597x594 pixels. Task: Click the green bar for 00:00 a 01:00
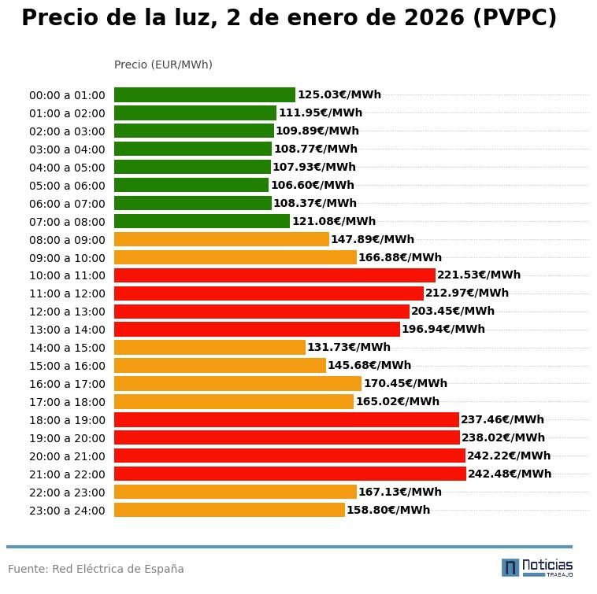tap(205, 95)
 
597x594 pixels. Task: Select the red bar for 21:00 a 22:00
tap(290, 474)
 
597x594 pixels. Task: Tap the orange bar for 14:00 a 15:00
tap(210, 347)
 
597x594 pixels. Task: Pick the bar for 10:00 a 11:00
tap(274, 275)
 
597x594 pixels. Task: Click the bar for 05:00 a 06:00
tap(191, 186)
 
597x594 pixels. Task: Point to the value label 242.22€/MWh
tap(509, 456)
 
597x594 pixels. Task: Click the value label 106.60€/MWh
tap(313, 186)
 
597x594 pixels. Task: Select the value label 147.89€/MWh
tap(373, 239)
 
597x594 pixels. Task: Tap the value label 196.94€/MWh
tap(443, 329)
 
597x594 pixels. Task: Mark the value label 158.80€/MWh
tap(388, 510)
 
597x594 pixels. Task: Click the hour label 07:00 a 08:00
tap(67, 222)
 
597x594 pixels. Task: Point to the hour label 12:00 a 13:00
tap(67, 312)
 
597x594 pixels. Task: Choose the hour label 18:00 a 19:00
tap(67, 421)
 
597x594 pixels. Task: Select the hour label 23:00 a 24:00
tap(67, 511)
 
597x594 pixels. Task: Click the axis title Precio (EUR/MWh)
tap(163, 65)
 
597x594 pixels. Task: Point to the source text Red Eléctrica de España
tap(118, 569)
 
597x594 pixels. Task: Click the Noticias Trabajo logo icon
tap(510, 567)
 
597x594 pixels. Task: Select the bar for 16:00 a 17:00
tap(238, 384)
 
